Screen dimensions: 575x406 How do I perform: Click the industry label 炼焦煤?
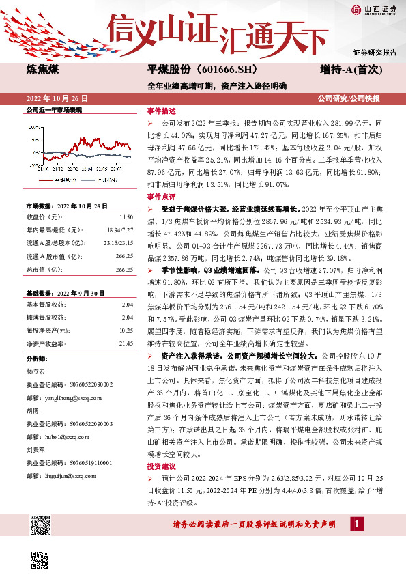click(42, 70)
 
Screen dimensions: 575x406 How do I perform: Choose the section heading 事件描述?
click(161, 110)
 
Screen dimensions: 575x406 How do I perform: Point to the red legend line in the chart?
click(40, 179)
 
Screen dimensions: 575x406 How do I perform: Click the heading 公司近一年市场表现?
click(54, 109)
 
